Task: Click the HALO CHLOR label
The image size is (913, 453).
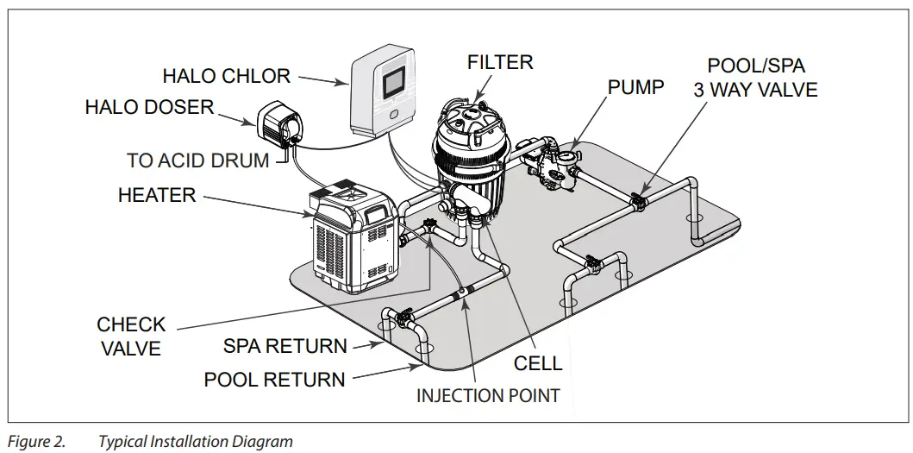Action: [x=226, y=76]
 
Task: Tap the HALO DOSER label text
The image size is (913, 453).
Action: [x=149, y=108]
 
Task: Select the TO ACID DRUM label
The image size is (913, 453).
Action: [x=197, y=160]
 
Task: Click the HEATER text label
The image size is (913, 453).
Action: [x=157, y=196]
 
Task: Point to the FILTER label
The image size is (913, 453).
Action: [x=500, y=62]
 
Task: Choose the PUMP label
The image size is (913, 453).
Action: [x=636, y=87]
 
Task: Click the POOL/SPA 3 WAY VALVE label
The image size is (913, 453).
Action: [x=755, y=78]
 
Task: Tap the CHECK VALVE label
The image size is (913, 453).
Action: [x=131, y=336]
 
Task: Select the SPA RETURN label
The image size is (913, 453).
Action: [x=285, y=346]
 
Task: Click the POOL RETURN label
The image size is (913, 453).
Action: [x=274, y=379]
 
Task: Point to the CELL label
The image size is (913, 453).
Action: [x=538, y=363]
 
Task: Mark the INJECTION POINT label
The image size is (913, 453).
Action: [x=488, y=396]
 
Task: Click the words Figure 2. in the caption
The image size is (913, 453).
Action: [x=36, y=442]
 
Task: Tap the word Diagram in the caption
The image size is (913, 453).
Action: [x=263, y=442]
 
